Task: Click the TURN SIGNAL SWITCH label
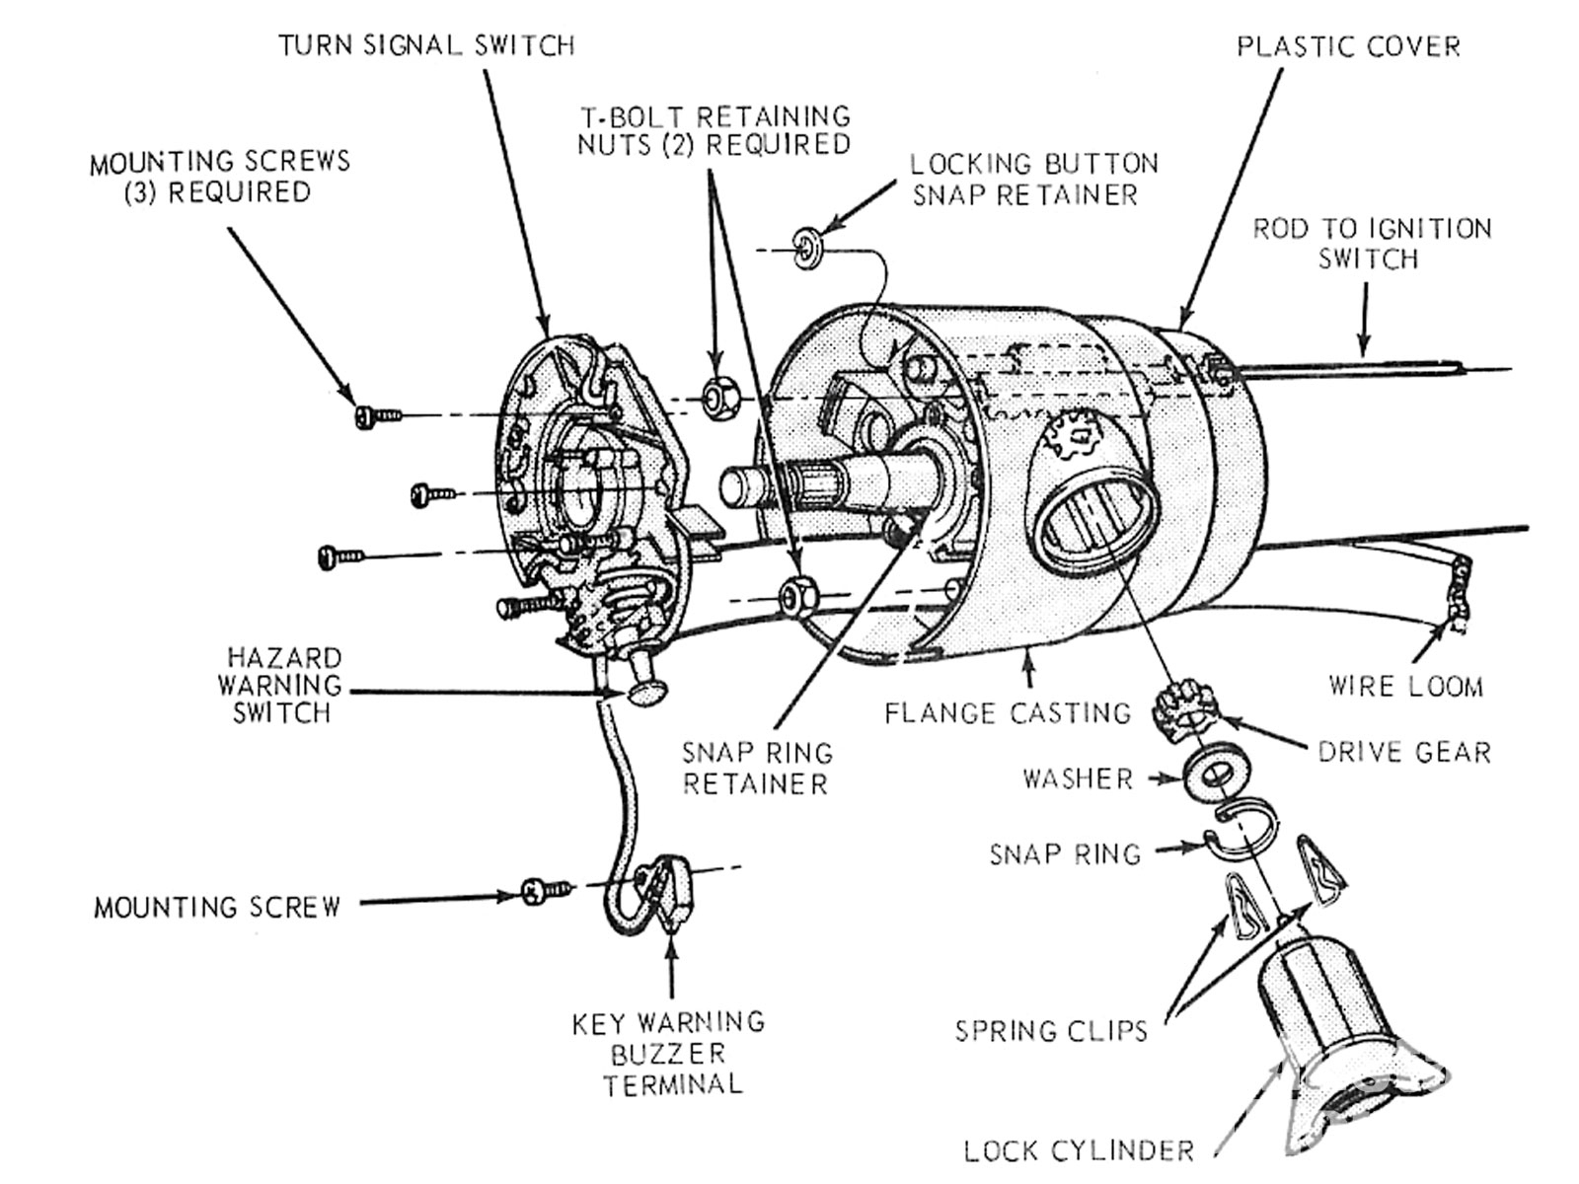tap(425, 45)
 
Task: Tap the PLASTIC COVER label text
tap(1348, 46)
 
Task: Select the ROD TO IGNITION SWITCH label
tap(1372, 244)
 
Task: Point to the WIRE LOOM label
tap(1405, 686)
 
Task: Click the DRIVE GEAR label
tap(1404, 752)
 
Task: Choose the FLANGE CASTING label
tap(1007, 712)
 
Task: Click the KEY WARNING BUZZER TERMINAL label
tap(670, 1054)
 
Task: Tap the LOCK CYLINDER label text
tap(1079, 1150)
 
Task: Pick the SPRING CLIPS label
tap(1051, 1032)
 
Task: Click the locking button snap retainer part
tap(807, 248)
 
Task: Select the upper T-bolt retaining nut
tap(717, 398)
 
